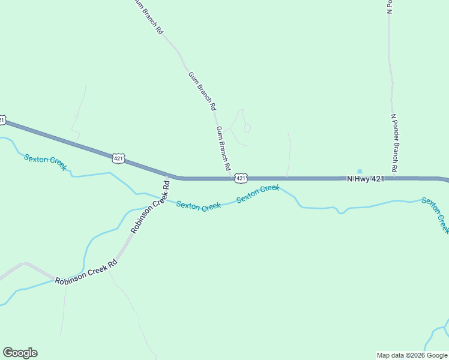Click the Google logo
(x=20, y=353)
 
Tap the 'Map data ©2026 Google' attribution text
(x=412, y=355)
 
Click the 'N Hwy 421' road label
(x=366, y=178)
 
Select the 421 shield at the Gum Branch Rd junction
(x=240, y=178)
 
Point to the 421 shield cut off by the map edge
(x=2, y=120)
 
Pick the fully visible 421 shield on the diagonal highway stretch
(x=118, y=158)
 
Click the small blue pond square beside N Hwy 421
(x=360, y=171)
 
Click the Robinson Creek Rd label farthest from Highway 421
(x=86, y=273)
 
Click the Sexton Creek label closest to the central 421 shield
(x=258, y=194)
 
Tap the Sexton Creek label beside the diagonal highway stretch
(x=46, y=162)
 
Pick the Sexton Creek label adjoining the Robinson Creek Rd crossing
(x=199, y=206)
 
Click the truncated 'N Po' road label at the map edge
(x=389, y=6)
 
